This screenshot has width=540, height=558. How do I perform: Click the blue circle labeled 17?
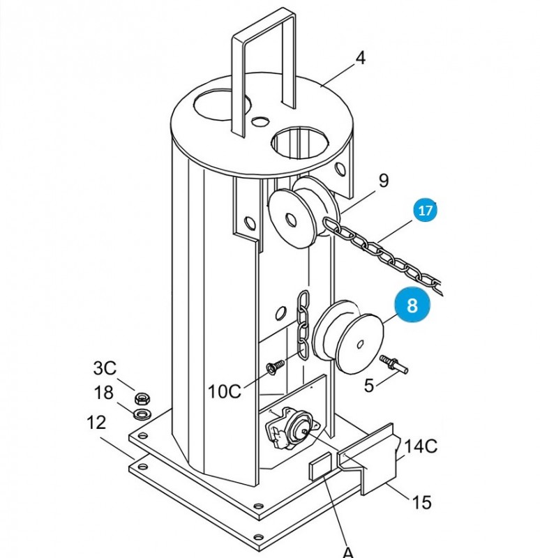[425, 211]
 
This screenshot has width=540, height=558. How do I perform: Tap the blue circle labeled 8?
[412, 305]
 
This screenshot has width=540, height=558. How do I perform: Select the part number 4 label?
[361, 58]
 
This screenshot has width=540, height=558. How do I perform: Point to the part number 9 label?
[384, 181]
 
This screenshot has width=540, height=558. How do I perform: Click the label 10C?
[224, 391]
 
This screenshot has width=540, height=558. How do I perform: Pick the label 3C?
[105, 368]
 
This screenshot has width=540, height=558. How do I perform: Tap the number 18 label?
[103, 393]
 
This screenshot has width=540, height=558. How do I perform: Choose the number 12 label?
[96, 423]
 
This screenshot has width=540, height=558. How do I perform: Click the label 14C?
[421, 446]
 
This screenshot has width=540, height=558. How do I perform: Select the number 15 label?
[421, 502]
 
